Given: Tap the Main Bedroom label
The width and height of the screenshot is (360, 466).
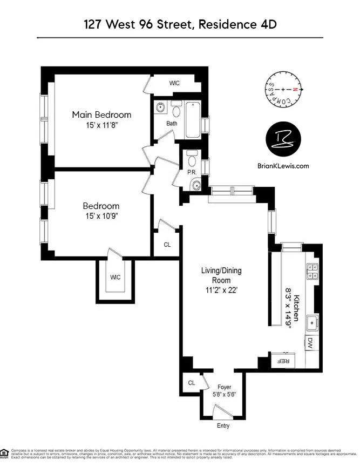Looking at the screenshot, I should (102, 114).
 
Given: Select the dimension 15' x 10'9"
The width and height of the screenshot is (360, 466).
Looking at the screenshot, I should (101, 216).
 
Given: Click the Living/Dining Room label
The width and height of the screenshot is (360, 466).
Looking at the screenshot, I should (216, 276).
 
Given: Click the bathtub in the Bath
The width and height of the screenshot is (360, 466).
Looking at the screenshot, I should (192, 120).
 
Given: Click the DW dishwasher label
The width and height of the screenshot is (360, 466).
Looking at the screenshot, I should (310, 342).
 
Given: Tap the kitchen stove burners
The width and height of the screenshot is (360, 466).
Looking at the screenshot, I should (311, 271).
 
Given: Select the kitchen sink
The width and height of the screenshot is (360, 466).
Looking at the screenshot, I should (311, 323).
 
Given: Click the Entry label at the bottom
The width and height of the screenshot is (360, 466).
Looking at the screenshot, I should (223, 426).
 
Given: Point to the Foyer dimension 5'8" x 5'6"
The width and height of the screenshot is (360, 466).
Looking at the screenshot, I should (223, 394).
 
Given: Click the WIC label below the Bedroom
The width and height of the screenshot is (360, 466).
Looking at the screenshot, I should (115, 278).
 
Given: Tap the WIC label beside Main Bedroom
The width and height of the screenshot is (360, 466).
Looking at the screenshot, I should (174, 83).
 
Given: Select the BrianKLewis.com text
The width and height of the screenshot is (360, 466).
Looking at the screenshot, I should (284, 166).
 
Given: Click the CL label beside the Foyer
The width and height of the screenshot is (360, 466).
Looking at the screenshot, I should (191, 382).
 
